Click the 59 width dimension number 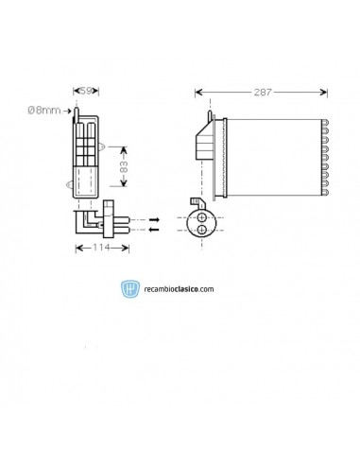pyautogui.click(x=85, y=92)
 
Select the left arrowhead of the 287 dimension pyautogui.click(x=197, y=92)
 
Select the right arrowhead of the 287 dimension pyautogui.click(x=326, y=92)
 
